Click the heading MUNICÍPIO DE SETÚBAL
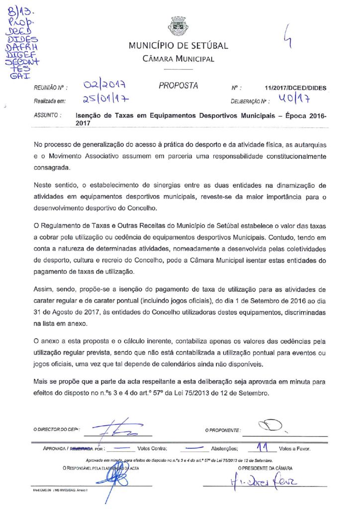pyautogui.click(x=179, y=46)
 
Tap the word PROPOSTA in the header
pyautogui.click(x=179, y=86)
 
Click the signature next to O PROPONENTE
pyautogui.click(x=271, y=425)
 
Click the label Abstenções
pyautogui.click(x=223, y=449)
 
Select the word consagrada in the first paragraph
pyautogui.click(x=52, y=168)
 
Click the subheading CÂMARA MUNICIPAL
pyautogui.click(x=179, y=59)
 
